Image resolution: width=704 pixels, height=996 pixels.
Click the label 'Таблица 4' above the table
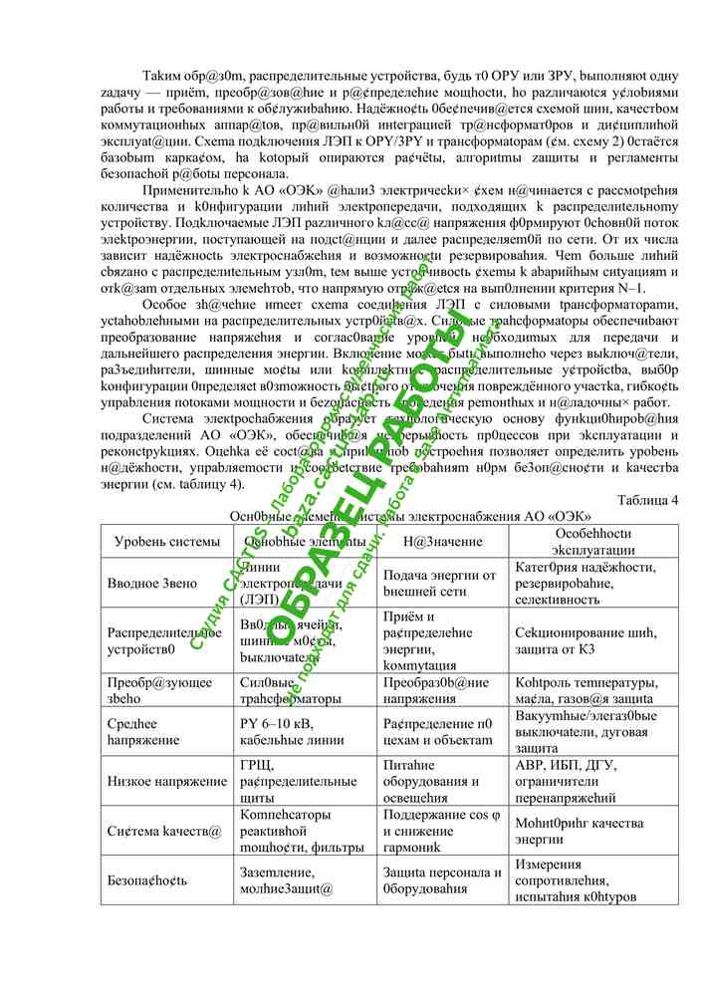[x=647, y=500]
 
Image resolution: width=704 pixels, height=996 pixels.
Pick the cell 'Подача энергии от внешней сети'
[x=439, y=584]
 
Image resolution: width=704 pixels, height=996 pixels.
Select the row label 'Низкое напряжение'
[x=167, y=781]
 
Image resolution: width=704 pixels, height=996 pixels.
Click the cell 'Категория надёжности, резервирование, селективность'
[x=585, y=584]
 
